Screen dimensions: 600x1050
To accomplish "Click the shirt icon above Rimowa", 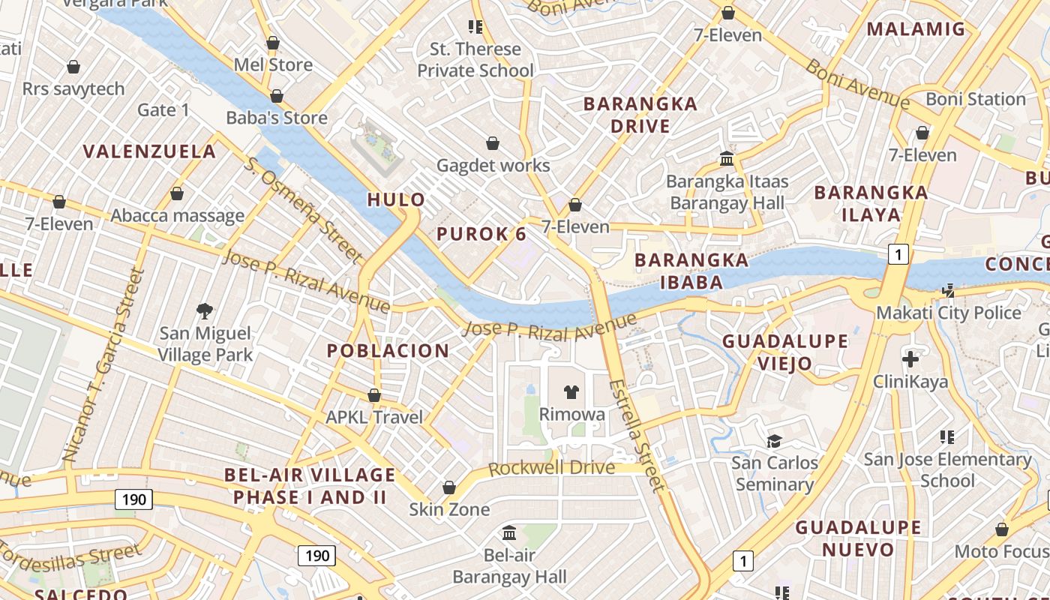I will tap(571, 392).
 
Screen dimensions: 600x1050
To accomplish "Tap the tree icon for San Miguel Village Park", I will tap(204, 310).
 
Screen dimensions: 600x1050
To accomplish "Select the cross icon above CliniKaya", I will tap(910, 359).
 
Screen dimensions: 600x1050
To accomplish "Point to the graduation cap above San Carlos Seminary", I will tap(774, 441).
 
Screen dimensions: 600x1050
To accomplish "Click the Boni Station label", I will tap(975, 99).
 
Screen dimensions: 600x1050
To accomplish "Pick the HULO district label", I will tap(396, 199).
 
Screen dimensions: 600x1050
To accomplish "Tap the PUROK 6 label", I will tap(481, 234).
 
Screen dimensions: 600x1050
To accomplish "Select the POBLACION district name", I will tap(388, 350).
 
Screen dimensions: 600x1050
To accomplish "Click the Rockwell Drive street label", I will tap(551, 469).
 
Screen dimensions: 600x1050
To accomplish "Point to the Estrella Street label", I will tap(637, 435).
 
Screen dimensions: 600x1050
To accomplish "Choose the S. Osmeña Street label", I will tap(304, 210).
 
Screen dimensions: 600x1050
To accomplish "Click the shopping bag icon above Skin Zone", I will tap(449, 488).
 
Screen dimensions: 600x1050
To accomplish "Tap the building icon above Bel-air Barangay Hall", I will tap(509, 533).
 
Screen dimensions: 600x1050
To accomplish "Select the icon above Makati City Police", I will tap(949, 290).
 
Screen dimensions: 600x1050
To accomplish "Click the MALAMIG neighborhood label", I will tap(916, 29).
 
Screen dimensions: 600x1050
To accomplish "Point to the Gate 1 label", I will tap(163, 110).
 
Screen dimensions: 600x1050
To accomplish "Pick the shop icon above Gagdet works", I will tap(493, 143).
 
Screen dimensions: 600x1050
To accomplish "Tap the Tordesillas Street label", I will tap(70, 562).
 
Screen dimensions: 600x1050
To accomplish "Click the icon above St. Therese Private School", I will tap(475, 27).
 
